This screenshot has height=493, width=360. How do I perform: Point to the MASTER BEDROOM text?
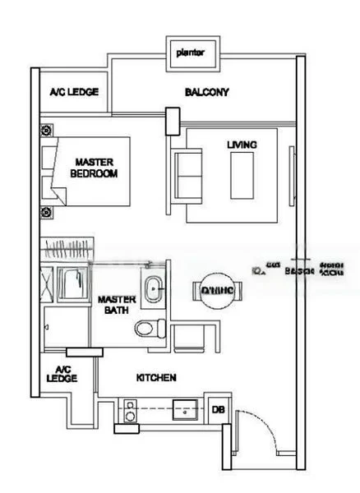point(93,168)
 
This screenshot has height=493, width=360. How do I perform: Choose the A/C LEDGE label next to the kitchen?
point(66,374)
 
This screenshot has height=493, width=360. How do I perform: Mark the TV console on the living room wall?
point(288,174)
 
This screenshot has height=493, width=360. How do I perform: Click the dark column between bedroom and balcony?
point(173,122)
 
